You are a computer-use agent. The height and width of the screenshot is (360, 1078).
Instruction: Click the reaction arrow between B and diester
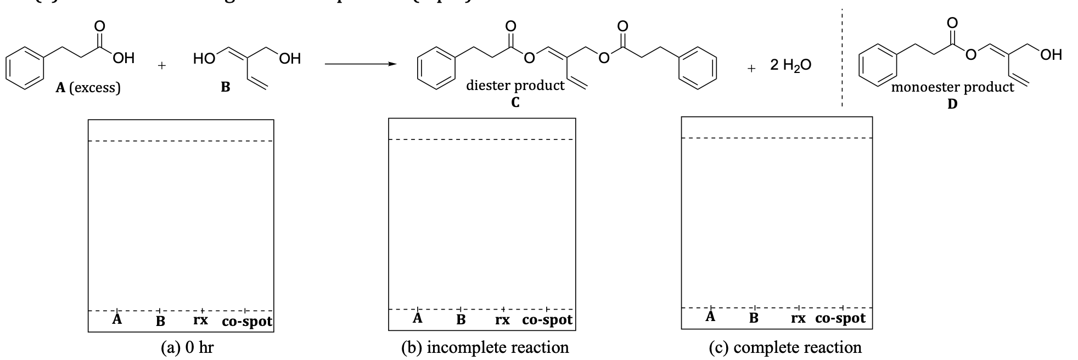pos(360,64)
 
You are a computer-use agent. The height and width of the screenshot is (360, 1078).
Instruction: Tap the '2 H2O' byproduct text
pos(790,65)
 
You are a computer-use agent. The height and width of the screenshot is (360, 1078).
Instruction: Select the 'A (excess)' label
pos(88,87)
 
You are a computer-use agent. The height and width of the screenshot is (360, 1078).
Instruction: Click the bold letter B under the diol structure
pos(225,87)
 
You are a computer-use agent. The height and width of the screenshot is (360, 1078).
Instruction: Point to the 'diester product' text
pos(515,86)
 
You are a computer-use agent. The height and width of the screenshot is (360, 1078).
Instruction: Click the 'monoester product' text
pos(952,87)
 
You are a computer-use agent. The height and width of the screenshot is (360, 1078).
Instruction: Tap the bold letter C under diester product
pos(515,102)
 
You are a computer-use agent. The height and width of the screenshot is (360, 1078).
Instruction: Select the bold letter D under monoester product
pos(952,104)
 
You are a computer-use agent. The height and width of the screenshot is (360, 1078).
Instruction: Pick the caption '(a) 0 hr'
pos(187,347)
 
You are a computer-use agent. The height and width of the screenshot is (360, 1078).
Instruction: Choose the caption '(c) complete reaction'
pos(785,347)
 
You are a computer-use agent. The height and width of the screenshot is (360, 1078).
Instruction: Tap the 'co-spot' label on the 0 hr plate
pos(247,322)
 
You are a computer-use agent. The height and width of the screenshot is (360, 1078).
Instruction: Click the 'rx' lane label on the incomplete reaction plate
pos(502,319)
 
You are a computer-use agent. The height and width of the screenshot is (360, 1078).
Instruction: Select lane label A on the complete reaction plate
pos(710,317)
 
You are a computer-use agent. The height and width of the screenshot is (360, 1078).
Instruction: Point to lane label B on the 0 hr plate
pos(160,322)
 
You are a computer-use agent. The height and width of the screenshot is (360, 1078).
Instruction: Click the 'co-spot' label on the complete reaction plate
pos(840,318)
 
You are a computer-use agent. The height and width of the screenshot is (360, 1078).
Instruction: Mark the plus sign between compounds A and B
pos(161,66)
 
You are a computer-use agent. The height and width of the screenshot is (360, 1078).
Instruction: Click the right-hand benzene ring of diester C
pos(697,68)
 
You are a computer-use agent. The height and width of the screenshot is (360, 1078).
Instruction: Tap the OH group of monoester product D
pos(1051,54)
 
